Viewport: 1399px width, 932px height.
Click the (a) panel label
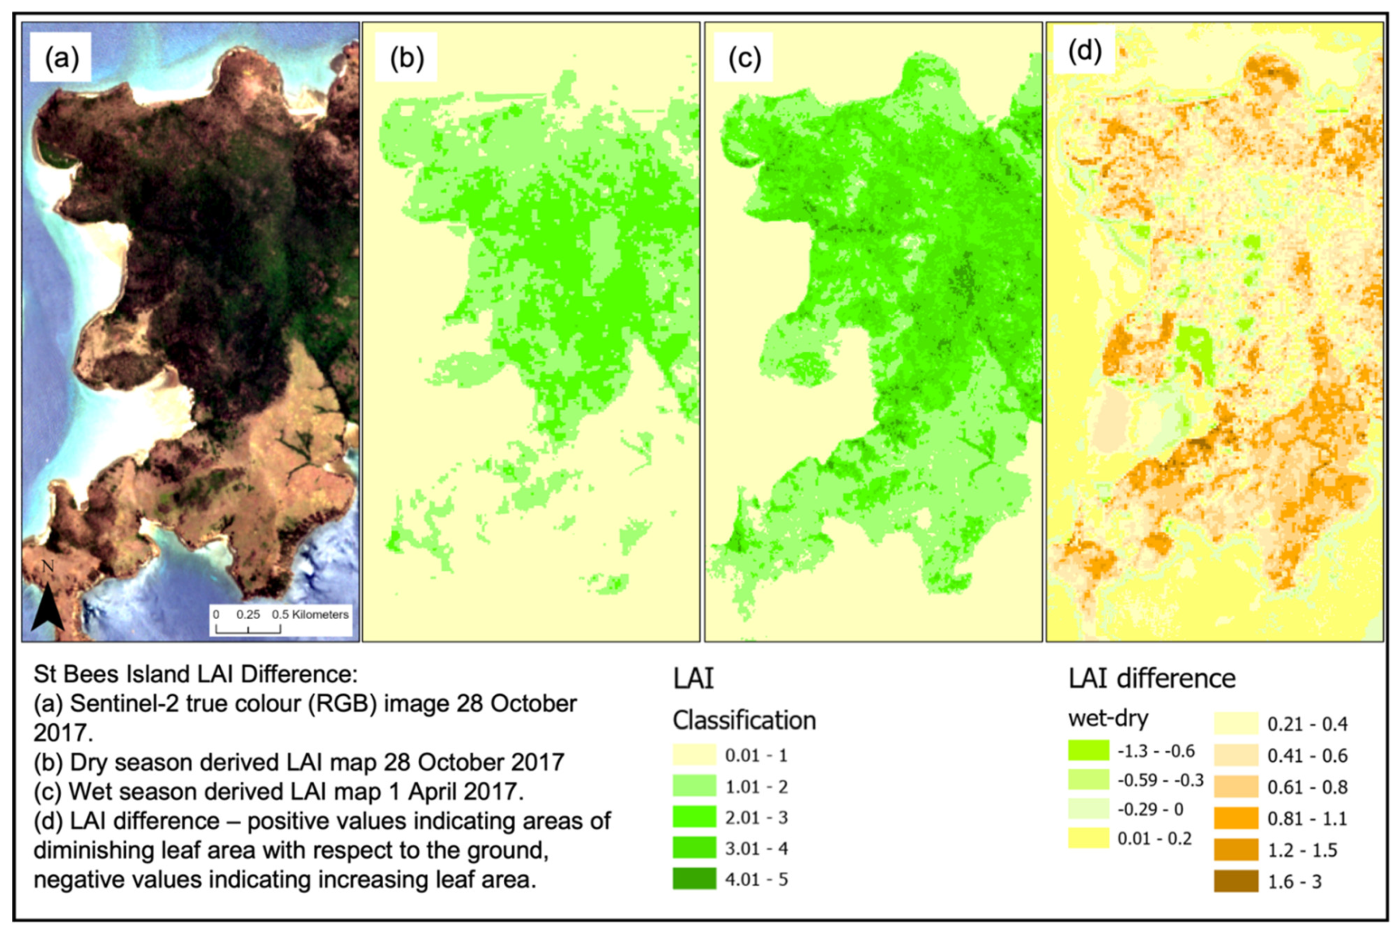[62, 58]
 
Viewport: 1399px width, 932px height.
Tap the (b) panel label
[406, 58]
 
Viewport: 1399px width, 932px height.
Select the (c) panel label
[744, 58]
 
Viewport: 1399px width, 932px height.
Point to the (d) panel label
[1084, 52]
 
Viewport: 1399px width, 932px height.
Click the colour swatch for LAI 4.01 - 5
[694, 879]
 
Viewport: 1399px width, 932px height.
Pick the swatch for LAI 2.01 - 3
[694, 817]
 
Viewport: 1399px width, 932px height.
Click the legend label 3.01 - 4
[757, 848]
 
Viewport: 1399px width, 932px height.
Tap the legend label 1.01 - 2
[757, 786]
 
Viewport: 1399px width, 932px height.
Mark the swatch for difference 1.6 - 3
[1236, 881]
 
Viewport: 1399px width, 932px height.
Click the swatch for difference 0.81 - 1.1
[1236, 818]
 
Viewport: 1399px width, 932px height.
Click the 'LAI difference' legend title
[1152, 678]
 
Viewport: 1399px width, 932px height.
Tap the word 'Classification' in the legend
[744, 720]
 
